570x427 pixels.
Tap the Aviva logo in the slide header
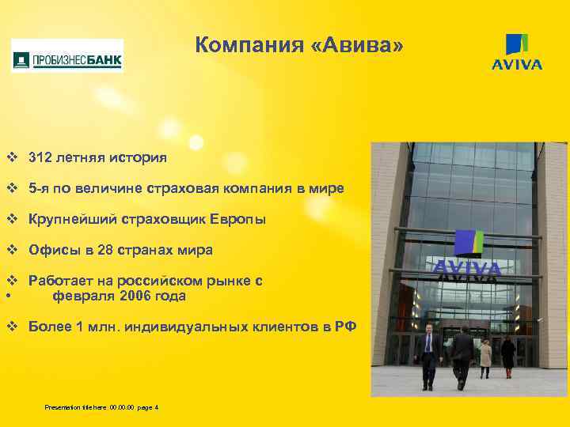(x=517, y=52)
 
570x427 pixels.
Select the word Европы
(x=238, y=219)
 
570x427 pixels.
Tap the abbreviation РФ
(x=346, y=327)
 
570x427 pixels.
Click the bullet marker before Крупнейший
(x=12, y=219)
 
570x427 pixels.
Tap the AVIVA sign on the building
(x=466, y=270)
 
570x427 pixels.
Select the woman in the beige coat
(x=485, y=356)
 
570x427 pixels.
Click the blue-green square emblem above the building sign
(x=469, y=243)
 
